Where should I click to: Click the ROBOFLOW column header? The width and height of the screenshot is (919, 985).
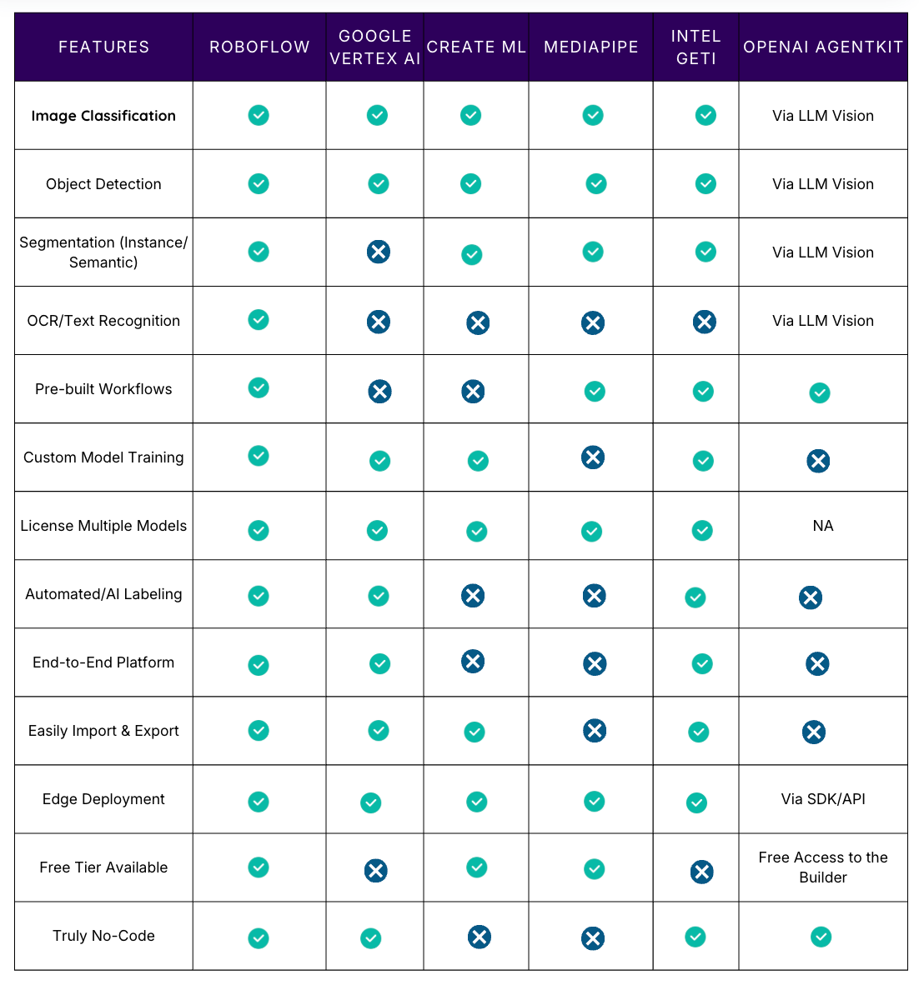point(259,47)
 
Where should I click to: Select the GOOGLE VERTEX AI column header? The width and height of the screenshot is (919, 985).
point(375,47)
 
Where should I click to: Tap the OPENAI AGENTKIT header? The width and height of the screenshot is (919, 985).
point(823,47)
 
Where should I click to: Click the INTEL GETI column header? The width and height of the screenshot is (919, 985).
point(696,47)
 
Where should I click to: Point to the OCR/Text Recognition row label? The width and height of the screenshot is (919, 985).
point(103,321)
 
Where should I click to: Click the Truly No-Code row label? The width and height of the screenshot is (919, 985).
point(103,936)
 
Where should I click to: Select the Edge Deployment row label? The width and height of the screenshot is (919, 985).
point(103,799)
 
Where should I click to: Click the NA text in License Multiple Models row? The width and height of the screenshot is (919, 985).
point(823,526)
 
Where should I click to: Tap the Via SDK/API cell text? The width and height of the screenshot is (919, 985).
point(823,799)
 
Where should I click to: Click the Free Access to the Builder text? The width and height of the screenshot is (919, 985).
point(823,867)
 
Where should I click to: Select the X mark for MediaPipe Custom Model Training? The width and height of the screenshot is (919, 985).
point(593,457)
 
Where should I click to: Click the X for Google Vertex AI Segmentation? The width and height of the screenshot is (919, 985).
point(379,252)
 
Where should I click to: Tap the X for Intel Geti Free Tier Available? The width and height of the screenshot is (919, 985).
point(702,872)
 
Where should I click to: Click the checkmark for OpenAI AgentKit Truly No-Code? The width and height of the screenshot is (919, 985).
point(821,937)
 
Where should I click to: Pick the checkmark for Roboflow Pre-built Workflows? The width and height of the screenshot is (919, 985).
point(259,387)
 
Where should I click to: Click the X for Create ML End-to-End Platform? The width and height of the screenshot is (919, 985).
point(473,661)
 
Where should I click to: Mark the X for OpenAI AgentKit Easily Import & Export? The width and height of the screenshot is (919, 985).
point(814,732)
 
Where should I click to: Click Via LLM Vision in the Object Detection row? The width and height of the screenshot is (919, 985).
point(823,184)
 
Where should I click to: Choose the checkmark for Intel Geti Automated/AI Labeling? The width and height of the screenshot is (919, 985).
point(696,597)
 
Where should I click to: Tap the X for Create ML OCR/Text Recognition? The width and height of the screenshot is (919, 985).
point(478,322)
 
